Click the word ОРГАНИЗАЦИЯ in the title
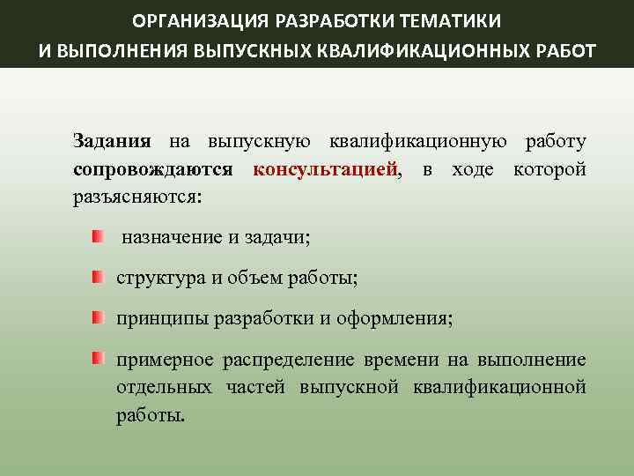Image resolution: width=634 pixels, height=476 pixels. click(x=182, y=20)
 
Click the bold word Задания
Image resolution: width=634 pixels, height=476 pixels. click(x=112, y=141)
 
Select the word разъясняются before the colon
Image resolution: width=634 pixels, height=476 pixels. click(x=136, y=196)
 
